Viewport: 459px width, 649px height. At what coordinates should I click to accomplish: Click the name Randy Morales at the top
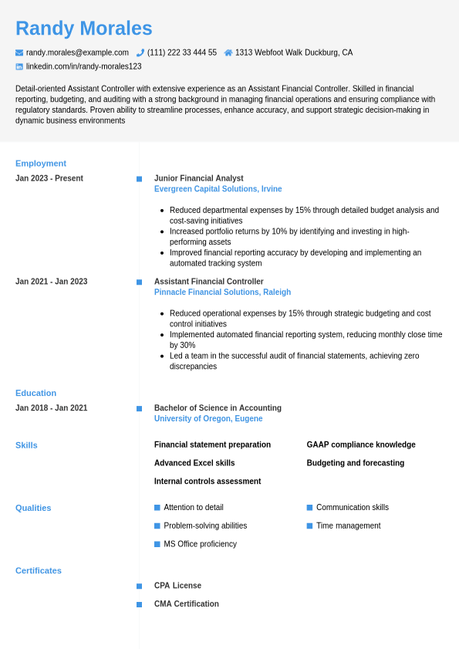pos(84,29)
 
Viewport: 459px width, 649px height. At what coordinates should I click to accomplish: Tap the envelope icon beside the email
pos(19,52)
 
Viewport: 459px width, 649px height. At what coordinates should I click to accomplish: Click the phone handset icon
pos(140,52)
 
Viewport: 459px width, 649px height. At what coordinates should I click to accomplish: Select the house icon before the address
pos(228,52)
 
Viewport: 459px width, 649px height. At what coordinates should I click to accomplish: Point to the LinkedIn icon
pos(19,66)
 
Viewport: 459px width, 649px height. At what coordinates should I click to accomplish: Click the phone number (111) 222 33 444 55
pos(182,52)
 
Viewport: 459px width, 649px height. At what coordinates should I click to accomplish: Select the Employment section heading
pos(41,164)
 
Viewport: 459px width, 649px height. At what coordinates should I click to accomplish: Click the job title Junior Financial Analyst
pos(198,178)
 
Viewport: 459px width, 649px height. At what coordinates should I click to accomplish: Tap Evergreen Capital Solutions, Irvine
pos(218,189)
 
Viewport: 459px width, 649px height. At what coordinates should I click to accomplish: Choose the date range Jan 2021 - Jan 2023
pos(51,282)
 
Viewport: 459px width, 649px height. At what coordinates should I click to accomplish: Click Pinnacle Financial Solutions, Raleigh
pos(222,292)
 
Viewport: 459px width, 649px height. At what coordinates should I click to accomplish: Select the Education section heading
pos(35,394)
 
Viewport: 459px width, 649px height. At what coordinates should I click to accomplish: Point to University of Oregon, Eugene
pos(208,419)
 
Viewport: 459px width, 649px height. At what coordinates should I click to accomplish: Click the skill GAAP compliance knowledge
pos(361,444)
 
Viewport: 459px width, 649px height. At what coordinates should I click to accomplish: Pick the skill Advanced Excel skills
pos(194,463)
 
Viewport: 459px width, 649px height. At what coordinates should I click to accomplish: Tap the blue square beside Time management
pos(309,526)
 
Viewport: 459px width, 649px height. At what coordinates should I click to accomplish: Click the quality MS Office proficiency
pos(200,544)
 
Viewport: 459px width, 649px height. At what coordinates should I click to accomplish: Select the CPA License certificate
pos(177,586)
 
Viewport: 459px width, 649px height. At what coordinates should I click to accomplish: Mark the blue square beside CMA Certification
pos(139,604)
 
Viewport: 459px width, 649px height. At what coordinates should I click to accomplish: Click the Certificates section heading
pos(39,571)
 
